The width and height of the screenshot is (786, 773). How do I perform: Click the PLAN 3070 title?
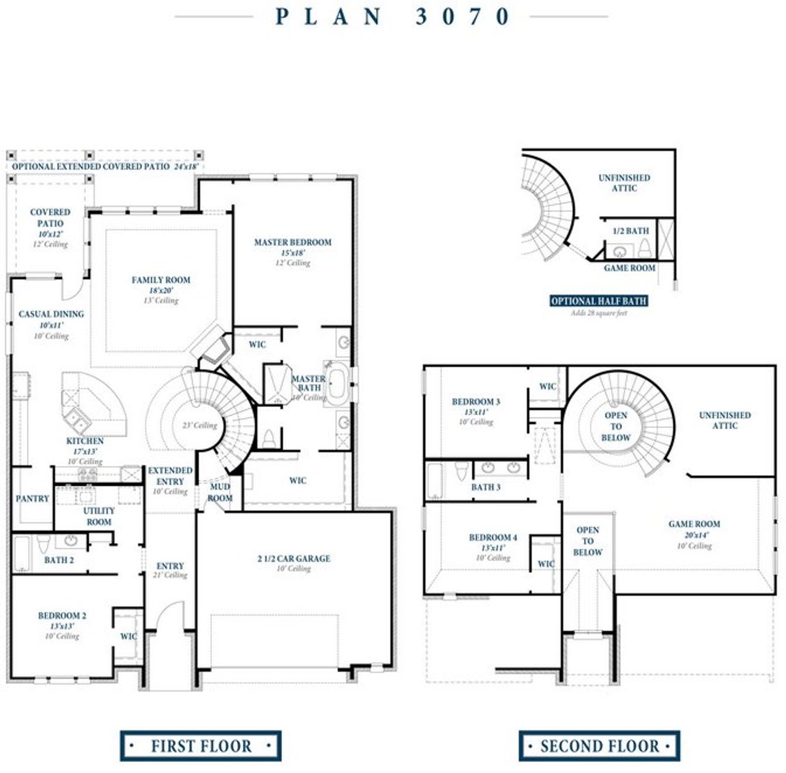[392, 17]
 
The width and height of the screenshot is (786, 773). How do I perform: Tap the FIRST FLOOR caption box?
[201, 746]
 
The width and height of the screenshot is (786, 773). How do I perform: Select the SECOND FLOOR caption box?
[599, 746]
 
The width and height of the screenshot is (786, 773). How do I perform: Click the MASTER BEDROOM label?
[292, 243]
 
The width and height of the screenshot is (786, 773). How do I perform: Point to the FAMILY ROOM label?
[161, 280]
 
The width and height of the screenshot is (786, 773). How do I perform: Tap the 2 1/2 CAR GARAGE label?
[294, 559]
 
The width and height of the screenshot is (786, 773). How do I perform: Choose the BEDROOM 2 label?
[62, 616]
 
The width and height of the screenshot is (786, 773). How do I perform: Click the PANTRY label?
[32, 499]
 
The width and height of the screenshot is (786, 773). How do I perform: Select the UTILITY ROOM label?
[99, 516]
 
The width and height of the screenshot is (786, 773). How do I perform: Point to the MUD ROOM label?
[220, 492]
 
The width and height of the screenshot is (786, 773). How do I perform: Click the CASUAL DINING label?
[51, 314]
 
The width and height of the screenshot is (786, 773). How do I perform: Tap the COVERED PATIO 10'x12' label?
[50, 218]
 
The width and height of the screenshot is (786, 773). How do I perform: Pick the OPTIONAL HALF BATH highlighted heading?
[598, 301]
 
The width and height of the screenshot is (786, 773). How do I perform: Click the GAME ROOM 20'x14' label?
[694, 524]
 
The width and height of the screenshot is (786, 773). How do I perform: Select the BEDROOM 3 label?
[476, 402]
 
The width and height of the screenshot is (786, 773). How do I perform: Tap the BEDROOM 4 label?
[492, 538]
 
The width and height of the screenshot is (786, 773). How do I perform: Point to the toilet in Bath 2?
[43, 545]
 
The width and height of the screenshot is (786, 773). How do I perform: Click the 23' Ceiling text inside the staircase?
[200, 425]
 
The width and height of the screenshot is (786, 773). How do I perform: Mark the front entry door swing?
[169, 617]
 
